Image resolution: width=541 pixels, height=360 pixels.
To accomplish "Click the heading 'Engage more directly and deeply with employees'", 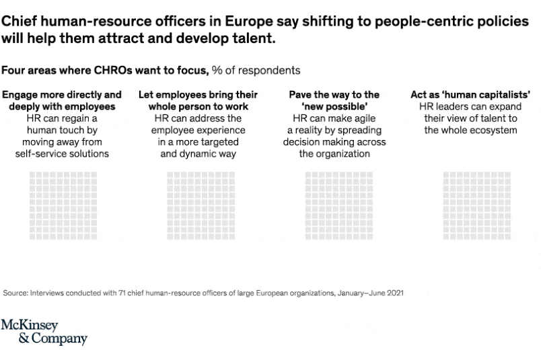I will pos(62,101).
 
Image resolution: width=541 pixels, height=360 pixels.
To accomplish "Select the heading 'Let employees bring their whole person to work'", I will pos(198,101).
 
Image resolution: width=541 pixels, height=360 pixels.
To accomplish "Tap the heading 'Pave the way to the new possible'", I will pos(334,101).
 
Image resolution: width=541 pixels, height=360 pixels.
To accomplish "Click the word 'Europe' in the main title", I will pos(221,22).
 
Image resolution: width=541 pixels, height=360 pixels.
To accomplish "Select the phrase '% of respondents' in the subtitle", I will pos(256,70).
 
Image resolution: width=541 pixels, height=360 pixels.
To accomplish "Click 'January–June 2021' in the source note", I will pos(373,293).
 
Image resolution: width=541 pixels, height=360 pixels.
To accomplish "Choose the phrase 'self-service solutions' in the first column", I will pos(62,153).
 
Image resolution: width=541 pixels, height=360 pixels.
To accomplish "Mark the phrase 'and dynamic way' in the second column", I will pos(198,153).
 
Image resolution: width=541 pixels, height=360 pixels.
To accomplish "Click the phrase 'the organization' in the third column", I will pos(334,153).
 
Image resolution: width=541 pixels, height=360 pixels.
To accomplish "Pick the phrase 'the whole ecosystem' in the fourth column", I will pos(470,130).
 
